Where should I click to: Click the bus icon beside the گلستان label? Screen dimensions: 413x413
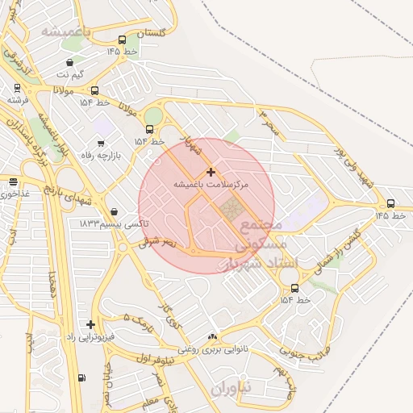tap(122, 40)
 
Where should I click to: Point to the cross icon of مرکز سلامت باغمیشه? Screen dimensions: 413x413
tap(211, 172)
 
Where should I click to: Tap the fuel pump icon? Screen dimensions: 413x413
tap(81, 378)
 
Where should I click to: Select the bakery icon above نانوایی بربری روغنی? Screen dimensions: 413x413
tap(212, 337)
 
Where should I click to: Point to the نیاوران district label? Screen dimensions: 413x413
tap(232, 389)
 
